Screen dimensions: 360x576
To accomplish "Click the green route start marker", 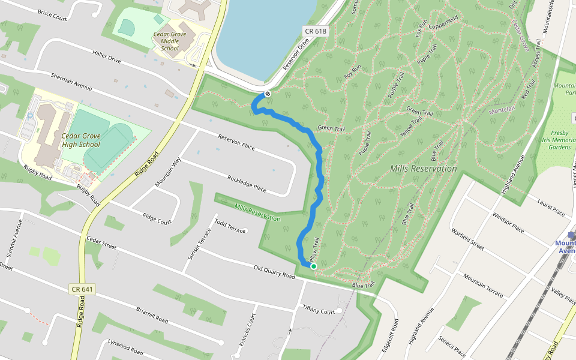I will coord(313,266).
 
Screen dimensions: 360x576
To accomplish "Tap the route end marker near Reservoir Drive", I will coord(268,94).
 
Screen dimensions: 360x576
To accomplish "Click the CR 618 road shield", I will coord(315,31).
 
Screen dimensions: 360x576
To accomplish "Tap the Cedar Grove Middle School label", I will coord(170,41).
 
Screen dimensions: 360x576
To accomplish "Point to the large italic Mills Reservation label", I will coord(423,169).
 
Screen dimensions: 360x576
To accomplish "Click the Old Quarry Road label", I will coord(275,272).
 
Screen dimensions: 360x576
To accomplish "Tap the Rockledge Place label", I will coord(247,184).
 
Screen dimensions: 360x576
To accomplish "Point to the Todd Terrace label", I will coord(230,226).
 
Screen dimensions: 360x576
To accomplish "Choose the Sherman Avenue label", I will coord(71,82).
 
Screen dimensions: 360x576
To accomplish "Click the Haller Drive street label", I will coord(107,56).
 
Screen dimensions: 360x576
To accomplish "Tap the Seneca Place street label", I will coord(452,345).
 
